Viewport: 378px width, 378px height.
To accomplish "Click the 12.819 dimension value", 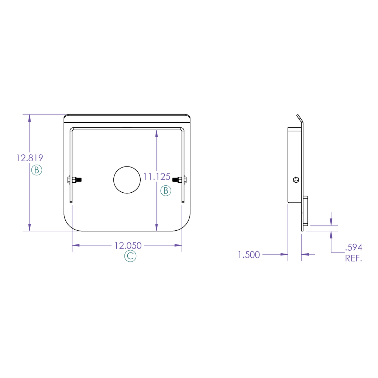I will tap(30, 158).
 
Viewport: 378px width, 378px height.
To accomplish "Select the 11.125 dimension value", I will tap(157, 177).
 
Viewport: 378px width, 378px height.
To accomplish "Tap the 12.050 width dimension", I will tap(128, 245).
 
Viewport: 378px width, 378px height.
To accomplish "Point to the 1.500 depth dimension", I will tap(249, 255).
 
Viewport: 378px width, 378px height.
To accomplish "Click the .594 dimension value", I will tap(353, 247).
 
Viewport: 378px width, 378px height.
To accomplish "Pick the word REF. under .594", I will tap(353, 258).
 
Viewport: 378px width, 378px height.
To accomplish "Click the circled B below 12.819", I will tap(37, 170).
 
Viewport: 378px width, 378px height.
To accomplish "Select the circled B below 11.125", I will tap(166, 190).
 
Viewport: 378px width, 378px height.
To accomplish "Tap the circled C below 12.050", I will tap(130, 257).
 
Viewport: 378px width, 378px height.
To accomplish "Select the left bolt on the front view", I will tap(75, 180).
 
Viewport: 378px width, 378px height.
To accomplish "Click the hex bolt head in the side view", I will tap(296, 180).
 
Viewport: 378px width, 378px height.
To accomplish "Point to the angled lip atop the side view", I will tap(299, 118).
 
